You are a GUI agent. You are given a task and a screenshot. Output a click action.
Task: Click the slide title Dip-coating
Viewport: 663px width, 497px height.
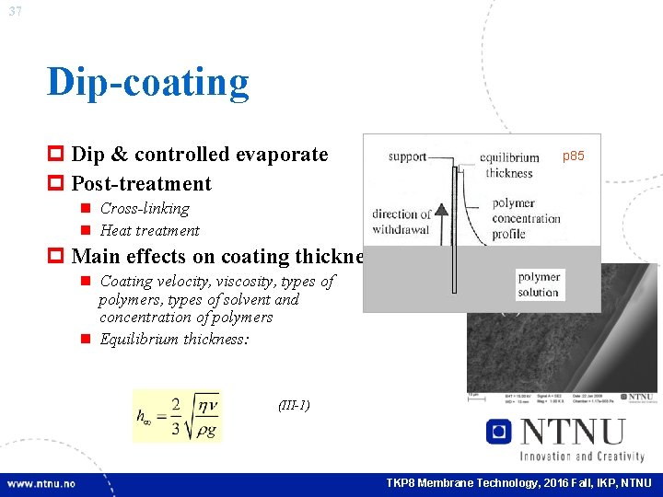pyautogui.click(x=148, y=82)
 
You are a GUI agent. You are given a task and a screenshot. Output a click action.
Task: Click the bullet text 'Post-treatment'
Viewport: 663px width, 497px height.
pyautogui.click(x=141, y=183)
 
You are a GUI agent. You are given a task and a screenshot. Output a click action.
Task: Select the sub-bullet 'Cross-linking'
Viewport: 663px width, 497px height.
pyautogui.click(x=144, y=209)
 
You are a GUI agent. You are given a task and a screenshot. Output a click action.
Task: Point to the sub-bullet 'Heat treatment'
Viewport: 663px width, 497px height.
pyautogui.click(x=149, y=230)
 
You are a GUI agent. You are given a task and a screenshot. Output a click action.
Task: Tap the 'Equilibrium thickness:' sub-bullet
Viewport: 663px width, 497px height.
pyautogui.click(x=175, y=340)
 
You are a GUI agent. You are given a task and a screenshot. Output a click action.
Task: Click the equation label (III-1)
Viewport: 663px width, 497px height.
pyautogui.click(x=294, y=405)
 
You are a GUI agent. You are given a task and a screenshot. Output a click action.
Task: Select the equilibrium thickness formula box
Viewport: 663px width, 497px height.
pyautogui.click(x=177, y=416)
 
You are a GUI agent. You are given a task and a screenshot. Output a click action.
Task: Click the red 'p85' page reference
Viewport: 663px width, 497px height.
pyautogui.click(x=573, y=156)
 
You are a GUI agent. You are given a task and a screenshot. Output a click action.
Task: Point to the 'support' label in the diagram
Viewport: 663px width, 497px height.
pyautogui.click(x=407, y=156)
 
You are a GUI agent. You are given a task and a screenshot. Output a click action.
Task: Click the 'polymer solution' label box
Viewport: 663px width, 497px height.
pyautogui.click(x=539, y=284)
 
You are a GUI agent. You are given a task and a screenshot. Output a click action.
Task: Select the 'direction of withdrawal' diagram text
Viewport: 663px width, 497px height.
pyautogui.click(x=401, y=222)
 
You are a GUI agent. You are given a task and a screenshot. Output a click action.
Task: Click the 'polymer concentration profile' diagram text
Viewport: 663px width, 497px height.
pyautogui.click(x=526, y=218)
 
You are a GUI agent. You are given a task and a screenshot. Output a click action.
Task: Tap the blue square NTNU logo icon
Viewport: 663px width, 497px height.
pyautogui.click(x=498, y=432)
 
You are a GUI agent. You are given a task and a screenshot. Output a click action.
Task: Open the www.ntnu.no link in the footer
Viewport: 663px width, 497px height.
pyautogui.click(x=41, y=483)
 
